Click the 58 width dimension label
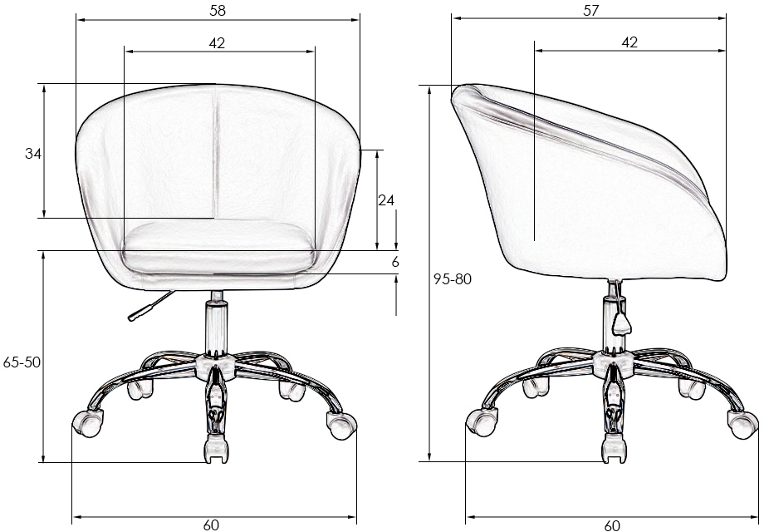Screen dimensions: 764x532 tap(218, 11)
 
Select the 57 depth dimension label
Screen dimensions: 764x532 tap(590, 10)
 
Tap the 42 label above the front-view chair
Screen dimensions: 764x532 tap(218, 43)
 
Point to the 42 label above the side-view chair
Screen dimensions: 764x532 tap(629, 42)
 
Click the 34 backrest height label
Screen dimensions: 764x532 tap(33, 154)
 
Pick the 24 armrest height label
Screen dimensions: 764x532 tap(386, 200)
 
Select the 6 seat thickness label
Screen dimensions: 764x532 tap(395, 262)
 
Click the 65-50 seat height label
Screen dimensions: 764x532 tap(22, 362)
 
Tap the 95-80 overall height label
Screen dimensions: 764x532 tap(453, 279)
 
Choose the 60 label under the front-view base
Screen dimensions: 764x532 tap(211, 525)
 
